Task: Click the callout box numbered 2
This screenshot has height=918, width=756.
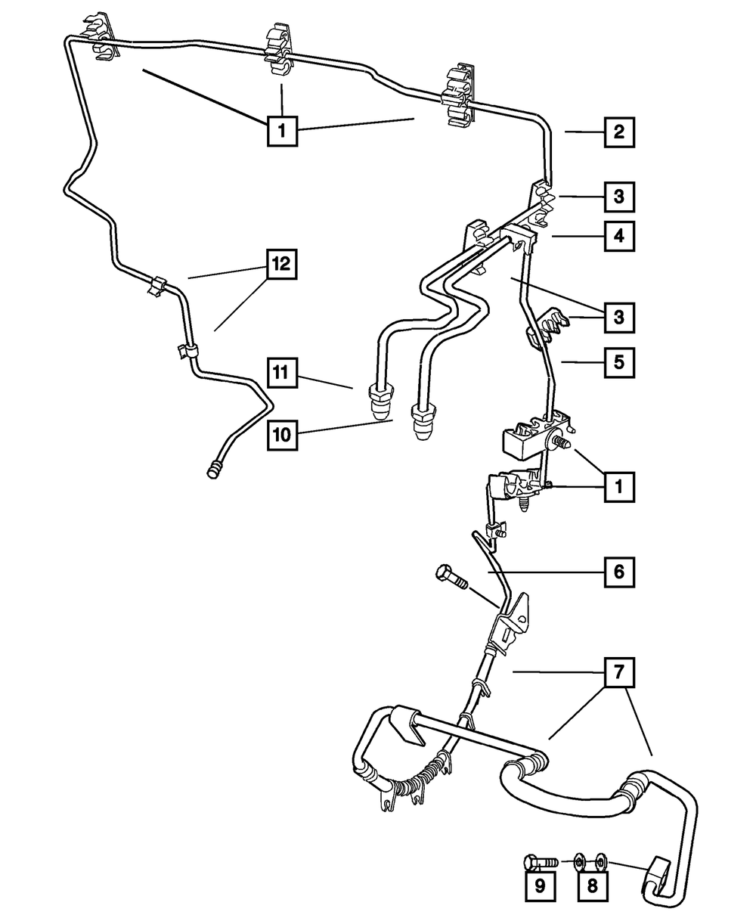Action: tap(618, 132)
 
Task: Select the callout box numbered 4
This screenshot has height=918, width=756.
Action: tap(618, 237)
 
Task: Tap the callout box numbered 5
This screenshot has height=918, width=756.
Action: tap(618, 361)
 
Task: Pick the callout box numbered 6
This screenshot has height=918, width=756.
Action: tap(618, 572)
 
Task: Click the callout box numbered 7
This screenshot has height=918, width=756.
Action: tap(618, 671)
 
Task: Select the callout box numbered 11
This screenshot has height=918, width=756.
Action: tap(281, 372)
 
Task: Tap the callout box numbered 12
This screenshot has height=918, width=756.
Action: tap(281, 264)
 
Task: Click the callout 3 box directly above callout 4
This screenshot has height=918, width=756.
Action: tap(618, 198)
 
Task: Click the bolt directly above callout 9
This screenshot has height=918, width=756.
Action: tap(539, 861)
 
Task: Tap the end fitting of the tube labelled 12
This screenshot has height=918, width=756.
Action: tap(214, 470)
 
